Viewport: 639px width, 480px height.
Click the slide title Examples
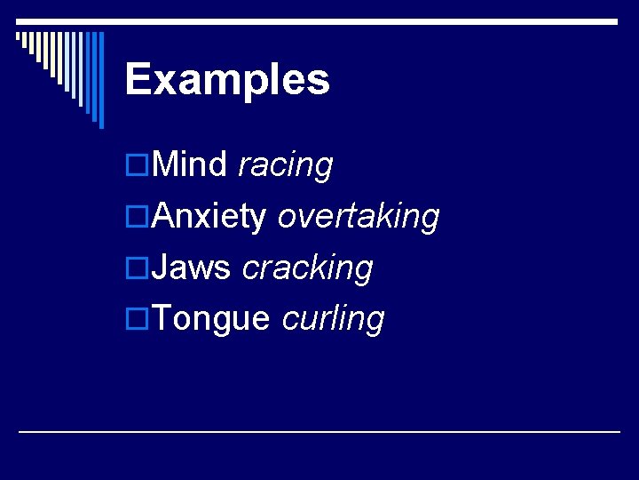click(x=227, y=80)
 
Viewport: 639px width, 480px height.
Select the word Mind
click(x=190, y=164)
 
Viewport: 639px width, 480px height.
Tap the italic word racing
click(x=285, y=166)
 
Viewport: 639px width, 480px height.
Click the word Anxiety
click(x=209, y=216)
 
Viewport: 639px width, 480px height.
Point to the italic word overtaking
click(x=358, y=216)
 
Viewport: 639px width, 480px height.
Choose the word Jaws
click(x=192, y=267)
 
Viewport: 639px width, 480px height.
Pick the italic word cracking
click(x=307, y=268)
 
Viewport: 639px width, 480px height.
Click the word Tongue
click(x=210, y=319)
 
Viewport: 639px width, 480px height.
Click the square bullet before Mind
click(x=138, y=165)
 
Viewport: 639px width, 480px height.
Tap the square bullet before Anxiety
click(x=138, y=217)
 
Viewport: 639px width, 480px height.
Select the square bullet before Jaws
click(x=138, y=268)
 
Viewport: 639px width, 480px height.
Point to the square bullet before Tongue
click(x=138, y=319)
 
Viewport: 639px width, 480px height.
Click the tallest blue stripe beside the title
click(x=100, y=80)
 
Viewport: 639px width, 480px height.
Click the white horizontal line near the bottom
click(x=319, y=431)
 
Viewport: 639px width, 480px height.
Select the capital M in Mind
click(x=166, y=164)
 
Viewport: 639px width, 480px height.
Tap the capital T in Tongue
click(x=162, y=318)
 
